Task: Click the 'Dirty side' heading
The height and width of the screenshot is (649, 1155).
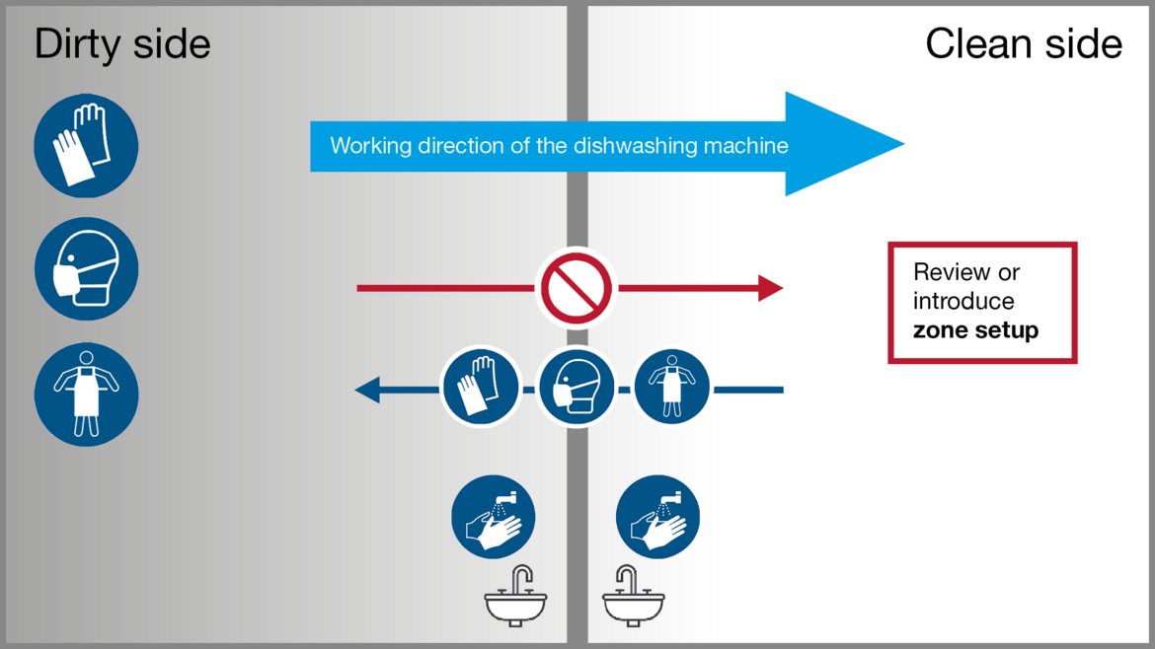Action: click(x=122, y=44)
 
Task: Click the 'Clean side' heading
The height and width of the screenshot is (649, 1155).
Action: click(x=1023, y=44)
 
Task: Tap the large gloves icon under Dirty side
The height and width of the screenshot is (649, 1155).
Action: click(x=86, y=146)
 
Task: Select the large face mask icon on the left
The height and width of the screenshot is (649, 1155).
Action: click(x=86, y=269)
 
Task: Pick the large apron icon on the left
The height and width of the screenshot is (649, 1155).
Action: click(x=86, y=395)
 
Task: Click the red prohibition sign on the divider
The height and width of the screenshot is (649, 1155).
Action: click(x=577, y=288)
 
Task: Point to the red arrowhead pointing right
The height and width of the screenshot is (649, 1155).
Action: click(x=770, y=288)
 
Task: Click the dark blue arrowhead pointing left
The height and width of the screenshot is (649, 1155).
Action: click(x=367, y=391)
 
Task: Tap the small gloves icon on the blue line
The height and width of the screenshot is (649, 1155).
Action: click(x=481, y=388)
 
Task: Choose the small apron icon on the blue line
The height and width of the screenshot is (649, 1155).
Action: click(x=671, y=386)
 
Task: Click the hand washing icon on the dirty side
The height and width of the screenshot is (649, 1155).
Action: click(x=494, y=517)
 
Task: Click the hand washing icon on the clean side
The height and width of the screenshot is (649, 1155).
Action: click(x=657, y=517)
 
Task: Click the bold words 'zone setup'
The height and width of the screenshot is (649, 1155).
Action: click(x=975, y=330)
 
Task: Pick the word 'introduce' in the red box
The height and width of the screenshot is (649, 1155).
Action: click(x=963, y=301)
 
